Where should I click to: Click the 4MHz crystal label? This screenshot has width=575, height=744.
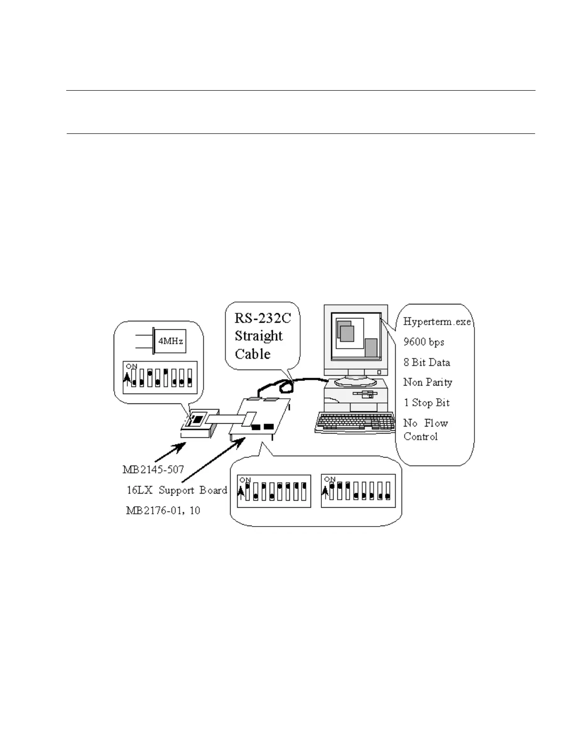coord(171,341)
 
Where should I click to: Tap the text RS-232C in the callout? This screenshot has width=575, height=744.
coord(263,318)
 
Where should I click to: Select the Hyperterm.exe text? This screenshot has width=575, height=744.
coord(437,322)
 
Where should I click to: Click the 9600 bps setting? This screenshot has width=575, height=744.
coord(424,342)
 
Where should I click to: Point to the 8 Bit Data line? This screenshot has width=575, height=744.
coord(427,362)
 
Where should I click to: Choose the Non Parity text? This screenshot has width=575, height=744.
coord(427,382)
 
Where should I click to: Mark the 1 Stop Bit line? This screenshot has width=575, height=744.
coord(427,403)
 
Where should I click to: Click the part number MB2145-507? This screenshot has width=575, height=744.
coord(153,469)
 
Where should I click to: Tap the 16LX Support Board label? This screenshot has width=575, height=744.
coord(177,490)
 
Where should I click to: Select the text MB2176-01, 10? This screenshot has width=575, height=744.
coord(163,510)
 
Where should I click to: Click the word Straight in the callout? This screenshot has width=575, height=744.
coord(259,336)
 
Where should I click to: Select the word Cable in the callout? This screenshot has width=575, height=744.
coord(253,354)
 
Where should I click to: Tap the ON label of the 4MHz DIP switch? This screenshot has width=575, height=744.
coord(132,366)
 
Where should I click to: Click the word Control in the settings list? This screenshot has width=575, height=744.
coord(420,436)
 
